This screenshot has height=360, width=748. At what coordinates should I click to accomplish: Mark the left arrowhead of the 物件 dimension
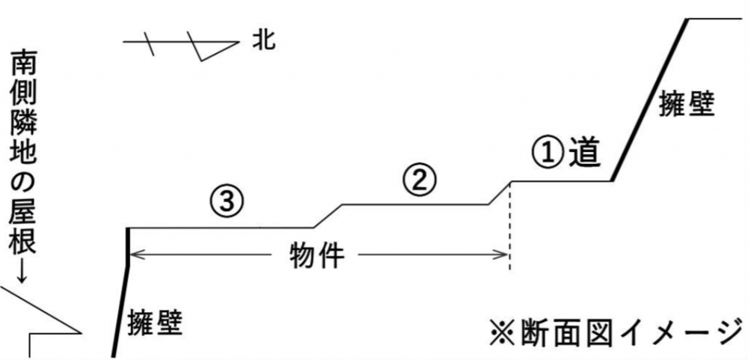pos(134,256)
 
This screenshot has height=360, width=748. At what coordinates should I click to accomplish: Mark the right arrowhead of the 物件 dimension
pos(505,256)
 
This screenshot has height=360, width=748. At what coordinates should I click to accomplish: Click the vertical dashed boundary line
pos(510,225)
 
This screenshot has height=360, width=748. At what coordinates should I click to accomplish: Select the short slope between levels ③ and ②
pos(328,216)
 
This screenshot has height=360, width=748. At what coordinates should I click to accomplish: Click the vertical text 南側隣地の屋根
pos(21,150)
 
